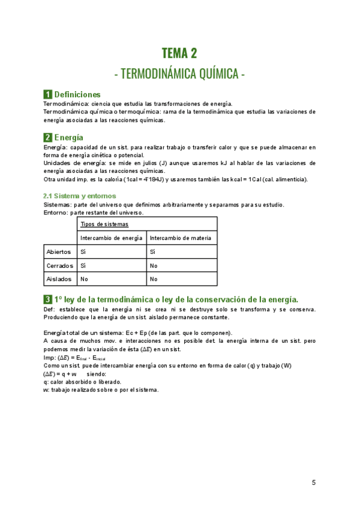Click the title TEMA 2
coord(179,53)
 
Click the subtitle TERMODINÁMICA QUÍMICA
coord(179,74)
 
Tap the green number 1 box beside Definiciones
coord(47,95)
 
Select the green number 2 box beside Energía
coord(47,138)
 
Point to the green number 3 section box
coord(47,300)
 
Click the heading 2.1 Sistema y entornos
coord(80,196)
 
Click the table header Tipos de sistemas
coord(104,224)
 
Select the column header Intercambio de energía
coord(111,238)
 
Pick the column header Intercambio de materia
coord(180,238)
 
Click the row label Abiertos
coord(59,252)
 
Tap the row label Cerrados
coord(59,265)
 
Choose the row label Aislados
coord(59,279)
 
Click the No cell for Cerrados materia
coord(154,265)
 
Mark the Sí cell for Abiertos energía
coord(83,252)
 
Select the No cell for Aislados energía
coord(84,279)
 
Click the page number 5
coord(313,483)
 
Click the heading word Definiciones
coord(77,95)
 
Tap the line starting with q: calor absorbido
coord(82,382)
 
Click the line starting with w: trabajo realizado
coord(101,390)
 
